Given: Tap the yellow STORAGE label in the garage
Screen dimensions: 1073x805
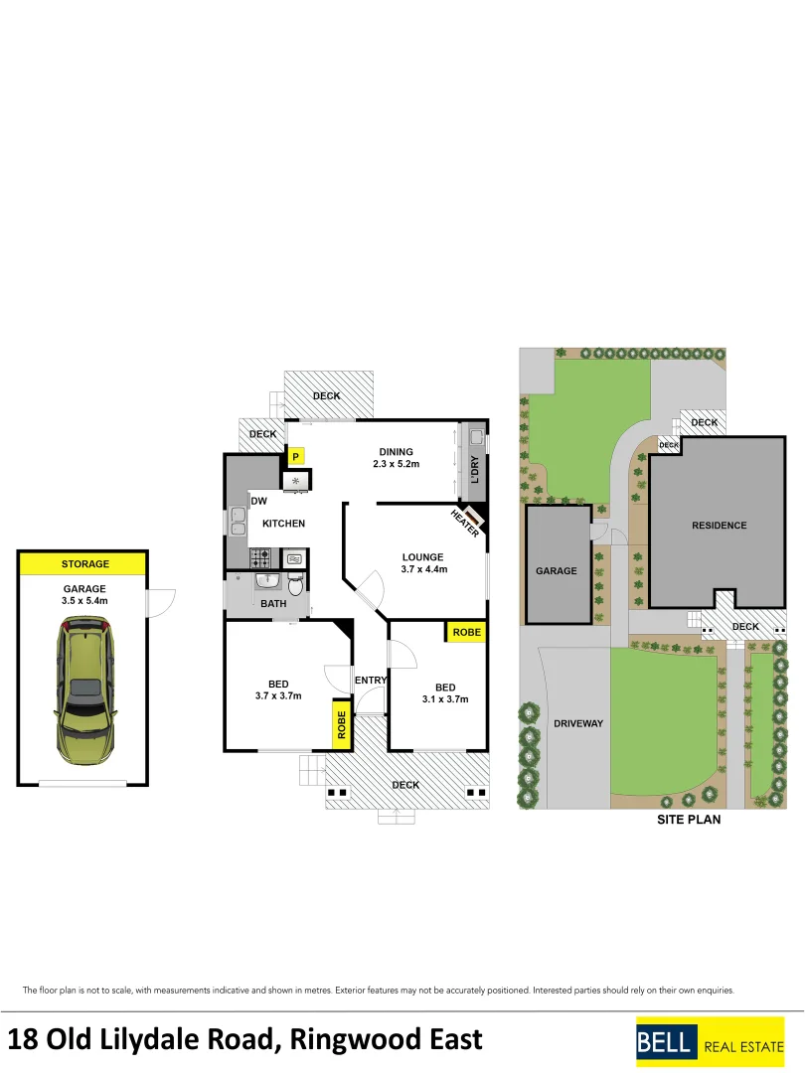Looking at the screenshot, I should point(84,564).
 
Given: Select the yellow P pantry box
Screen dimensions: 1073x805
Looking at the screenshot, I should point(295,456).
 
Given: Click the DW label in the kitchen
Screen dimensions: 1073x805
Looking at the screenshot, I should point(258,501).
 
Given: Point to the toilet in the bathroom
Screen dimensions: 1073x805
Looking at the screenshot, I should point(294,582).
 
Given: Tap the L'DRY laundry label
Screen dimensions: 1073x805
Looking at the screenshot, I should point(475,469).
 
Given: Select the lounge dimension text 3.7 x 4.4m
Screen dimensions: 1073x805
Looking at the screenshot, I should point(423,569).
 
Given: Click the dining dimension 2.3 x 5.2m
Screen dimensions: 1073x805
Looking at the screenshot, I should point(396,464).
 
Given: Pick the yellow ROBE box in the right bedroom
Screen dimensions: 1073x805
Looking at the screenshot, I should point(466,632).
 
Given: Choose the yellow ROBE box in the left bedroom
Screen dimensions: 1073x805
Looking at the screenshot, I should point(341,723).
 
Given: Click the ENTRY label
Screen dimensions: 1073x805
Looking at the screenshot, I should point(371,680).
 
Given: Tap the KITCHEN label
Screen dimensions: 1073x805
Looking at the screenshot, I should point(283,524).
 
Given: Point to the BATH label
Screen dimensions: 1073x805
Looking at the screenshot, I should point(273,603).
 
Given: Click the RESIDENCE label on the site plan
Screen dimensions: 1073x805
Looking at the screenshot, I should point(719,526).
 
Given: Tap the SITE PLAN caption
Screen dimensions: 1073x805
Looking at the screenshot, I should point(689,820).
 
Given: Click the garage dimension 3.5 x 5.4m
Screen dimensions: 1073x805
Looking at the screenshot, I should point(84,600).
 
